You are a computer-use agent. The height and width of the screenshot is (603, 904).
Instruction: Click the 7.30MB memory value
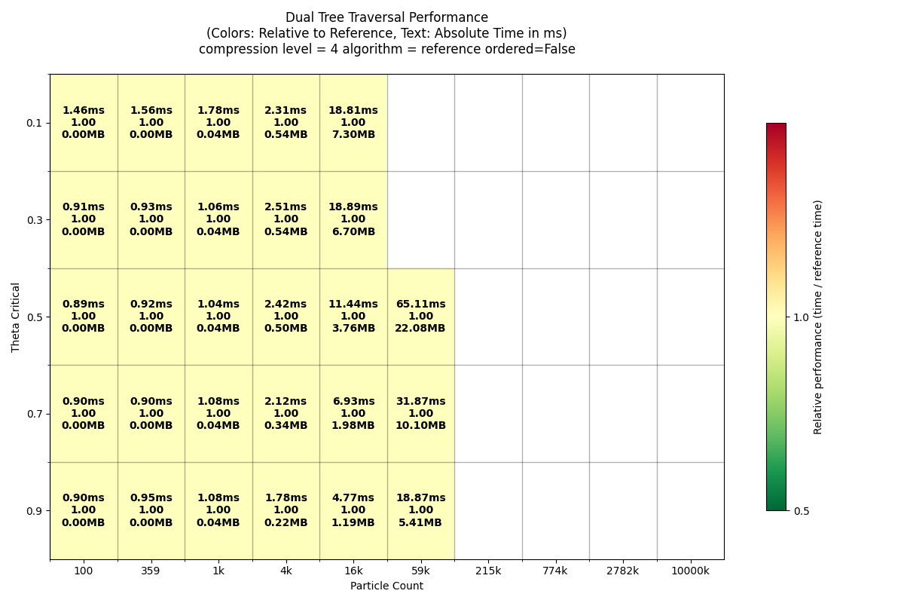(x=353, y=135)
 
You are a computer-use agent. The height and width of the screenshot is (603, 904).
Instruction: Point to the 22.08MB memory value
(x=420, y=329)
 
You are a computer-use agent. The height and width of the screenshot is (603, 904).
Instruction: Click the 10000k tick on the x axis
(x=690, y=571)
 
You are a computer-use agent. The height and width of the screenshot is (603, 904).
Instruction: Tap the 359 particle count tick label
(x=151, y=571)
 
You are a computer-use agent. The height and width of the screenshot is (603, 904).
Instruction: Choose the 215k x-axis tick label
(x=488, y=571)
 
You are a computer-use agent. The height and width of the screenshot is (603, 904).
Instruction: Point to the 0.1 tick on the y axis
(x=34, y=123)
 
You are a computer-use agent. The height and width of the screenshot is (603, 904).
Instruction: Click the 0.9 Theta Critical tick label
(x=34, y=511)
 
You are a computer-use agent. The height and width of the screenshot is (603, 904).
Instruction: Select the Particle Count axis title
(x=386, y=586)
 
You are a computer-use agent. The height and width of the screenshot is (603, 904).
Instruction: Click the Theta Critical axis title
(x=16, y=317)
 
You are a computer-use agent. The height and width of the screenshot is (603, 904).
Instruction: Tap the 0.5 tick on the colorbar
(x=802, y=511)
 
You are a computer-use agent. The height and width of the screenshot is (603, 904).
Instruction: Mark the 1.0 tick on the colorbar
(x=802, y=317)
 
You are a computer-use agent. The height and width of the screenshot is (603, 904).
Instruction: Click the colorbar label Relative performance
(x=818, y=317)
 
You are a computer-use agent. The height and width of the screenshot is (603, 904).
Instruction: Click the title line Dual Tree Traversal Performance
(x=386, y=17)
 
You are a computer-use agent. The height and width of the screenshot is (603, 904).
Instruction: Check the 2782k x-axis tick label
(x=623, y=571)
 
